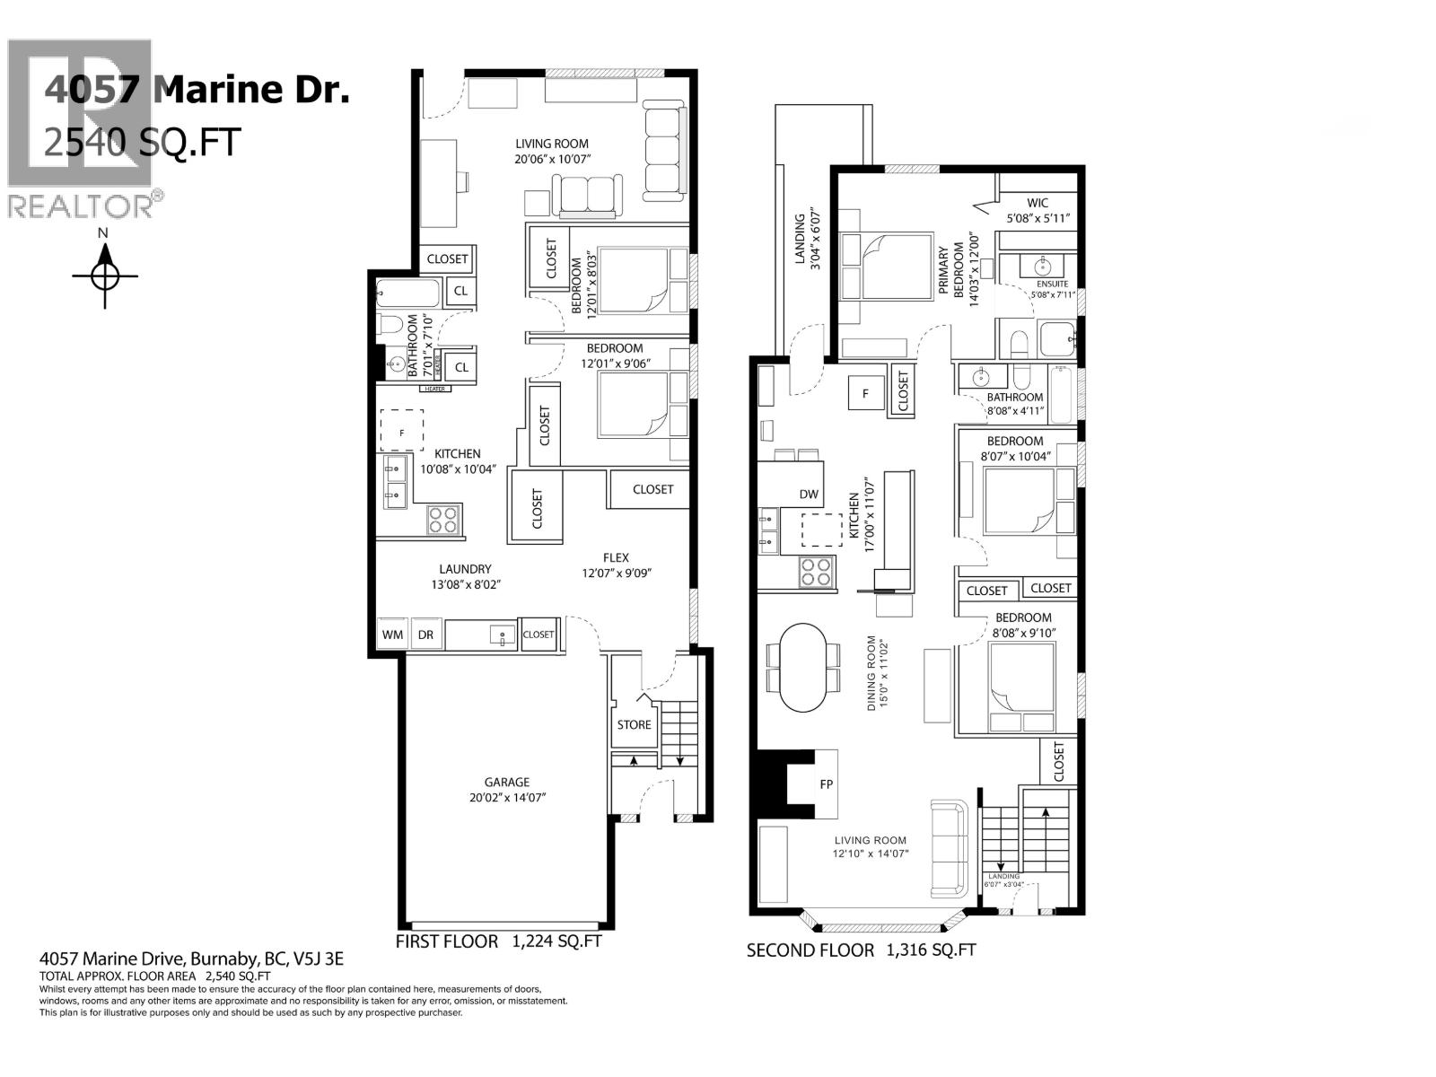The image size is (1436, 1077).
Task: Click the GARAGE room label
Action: pos(507,782)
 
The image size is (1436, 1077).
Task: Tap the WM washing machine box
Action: pos(392,635)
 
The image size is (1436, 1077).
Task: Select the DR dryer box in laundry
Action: pos(425,635)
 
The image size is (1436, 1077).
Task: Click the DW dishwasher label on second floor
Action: pos(809,495)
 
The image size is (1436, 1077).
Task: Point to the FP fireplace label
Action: pos(826,784)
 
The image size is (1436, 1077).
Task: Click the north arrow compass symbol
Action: pos(105,275)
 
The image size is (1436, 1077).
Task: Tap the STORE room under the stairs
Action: pos(634,724)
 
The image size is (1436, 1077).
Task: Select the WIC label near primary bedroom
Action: pos(1038,203)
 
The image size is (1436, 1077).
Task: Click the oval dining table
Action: pos(801,668)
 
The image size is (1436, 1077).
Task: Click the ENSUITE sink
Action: pos(1042,267)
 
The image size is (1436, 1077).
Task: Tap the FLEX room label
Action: pos(616,557)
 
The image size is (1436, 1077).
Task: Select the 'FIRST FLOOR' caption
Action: pos(446,941)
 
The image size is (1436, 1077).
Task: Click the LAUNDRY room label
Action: pos(465,569)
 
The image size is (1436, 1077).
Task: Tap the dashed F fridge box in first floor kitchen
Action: pos(401,430)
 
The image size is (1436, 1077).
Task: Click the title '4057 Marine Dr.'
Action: pos(196,90)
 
